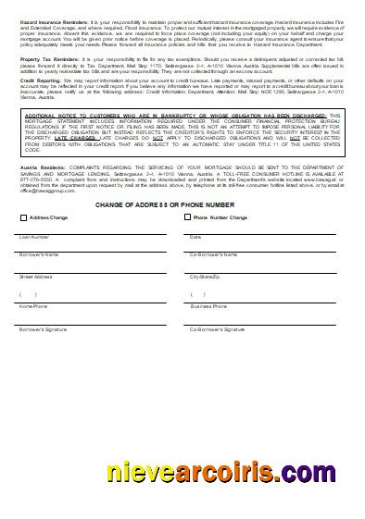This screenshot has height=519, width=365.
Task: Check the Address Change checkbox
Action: pyautogui.click(x=22, y=217)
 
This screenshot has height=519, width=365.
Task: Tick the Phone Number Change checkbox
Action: pyautogui.click(x=188, y=217)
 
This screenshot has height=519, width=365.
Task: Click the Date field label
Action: pyautogui.click(x=195, y=236)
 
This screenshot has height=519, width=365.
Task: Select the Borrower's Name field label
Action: pyautogui.click(x=38, y=253)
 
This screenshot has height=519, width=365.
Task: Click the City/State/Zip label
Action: pyautogui.click(x=206, y=276)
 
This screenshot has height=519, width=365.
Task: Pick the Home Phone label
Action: pyautogui.click(x=32, y=305)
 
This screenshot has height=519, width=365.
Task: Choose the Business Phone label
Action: pyautogui.click(x=208, y=305)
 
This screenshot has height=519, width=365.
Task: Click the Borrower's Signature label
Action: pyautogui.click(x=42, y=328)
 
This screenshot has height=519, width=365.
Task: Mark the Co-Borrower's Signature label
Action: pyautogui.click(x=218, y=328)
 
